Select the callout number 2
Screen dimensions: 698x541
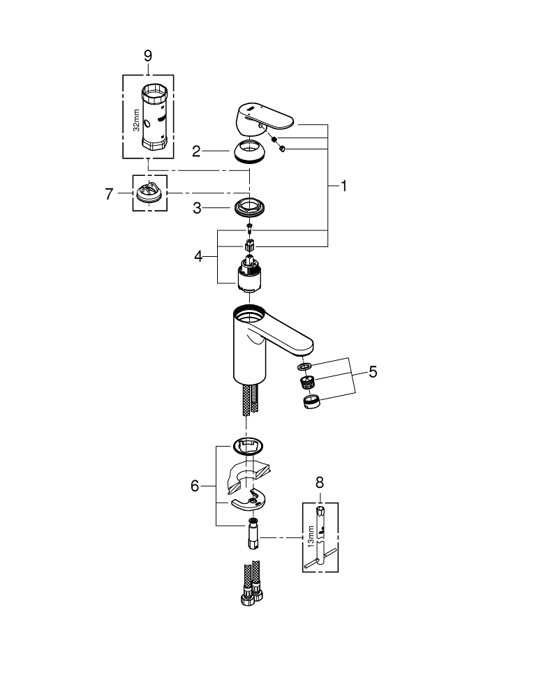198,150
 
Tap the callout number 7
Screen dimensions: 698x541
109,193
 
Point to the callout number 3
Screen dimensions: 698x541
198,207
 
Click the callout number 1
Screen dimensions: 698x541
343,186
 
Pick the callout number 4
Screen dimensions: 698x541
199,256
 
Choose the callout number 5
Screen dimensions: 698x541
373,372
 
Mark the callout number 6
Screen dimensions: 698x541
195,485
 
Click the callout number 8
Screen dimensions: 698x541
320,481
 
